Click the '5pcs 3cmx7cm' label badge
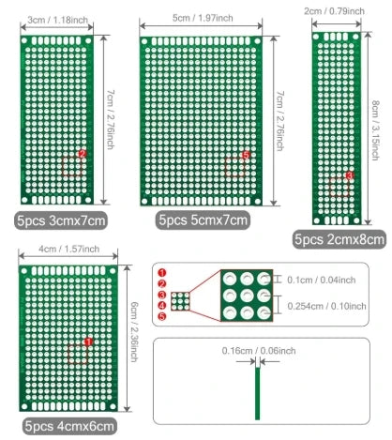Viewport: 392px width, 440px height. point(61,220)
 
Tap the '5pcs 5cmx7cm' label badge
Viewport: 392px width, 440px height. point(203,220)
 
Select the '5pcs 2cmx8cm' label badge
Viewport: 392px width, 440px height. point(339,239)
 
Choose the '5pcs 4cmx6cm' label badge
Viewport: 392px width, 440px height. point(69,426)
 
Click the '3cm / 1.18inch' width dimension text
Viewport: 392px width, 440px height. point(57,20)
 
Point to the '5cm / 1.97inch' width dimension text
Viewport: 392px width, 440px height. point(203,18)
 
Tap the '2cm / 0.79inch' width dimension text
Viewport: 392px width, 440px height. point(334,11)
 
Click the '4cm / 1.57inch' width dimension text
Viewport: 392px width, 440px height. point(68,249)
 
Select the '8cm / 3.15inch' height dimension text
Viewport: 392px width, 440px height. point(375,130)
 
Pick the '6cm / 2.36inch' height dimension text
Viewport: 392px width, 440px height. point(134,332)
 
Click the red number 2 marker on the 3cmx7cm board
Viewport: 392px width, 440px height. point(83,154)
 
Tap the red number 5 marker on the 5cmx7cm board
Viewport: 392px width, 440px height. point(246,155)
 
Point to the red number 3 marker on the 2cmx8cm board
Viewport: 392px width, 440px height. point(349,175)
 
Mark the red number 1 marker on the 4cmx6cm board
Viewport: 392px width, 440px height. point(88,341)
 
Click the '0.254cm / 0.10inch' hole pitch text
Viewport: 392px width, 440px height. point(326,306)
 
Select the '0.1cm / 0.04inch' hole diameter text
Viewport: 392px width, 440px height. point(322,280)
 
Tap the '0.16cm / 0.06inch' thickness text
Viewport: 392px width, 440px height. point(259,351)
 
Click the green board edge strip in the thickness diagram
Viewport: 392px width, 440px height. point(257,393)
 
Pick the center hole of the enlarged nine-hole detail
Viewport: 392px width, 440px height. point(247,296)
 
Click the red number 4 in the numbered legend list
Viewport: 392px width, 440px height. point(162,306)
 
